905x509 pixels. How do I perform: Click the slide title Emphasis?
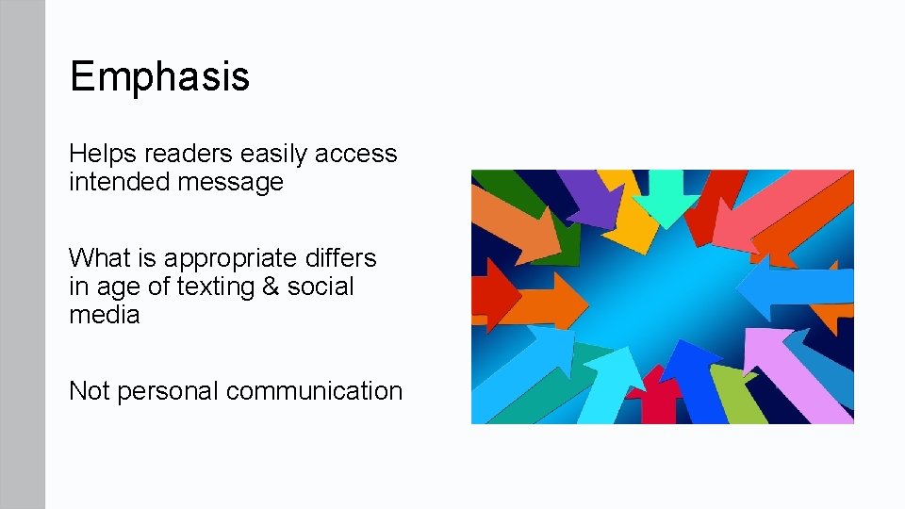click(x=159, y=76)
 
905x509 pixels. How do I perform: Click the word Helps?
click(x=103, y=154)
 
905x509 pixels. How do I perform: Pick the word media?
click(x=104, y=315)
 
